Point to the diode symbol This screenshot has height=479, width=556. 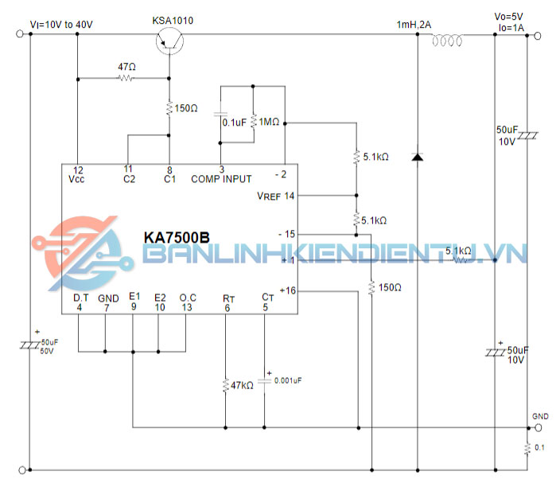click(x=417, y=157)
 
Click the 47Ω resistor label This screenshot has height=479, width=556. click(x=126, y=68)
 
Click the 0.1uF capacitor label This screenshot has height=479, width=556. click(x=233, y=123)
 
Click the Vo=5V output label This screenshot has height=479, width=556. click(x=511, y=14)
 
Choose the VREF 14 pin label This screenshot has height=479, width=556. click(x=275, y=196)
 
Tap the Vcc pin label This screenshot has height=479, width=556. click(x=76, y=179)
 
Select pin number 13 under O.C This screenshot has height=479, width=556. click(x=187, y=307)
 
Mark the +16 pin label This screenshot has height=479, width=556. click(x=287, y=290)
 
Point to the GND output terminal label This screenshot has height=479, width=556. click(x=539, y=417)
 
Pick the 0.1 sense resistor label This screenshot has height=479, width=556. click(x=540, y=448)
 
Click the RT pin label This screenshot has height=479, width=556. click(x=228, y=298)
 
